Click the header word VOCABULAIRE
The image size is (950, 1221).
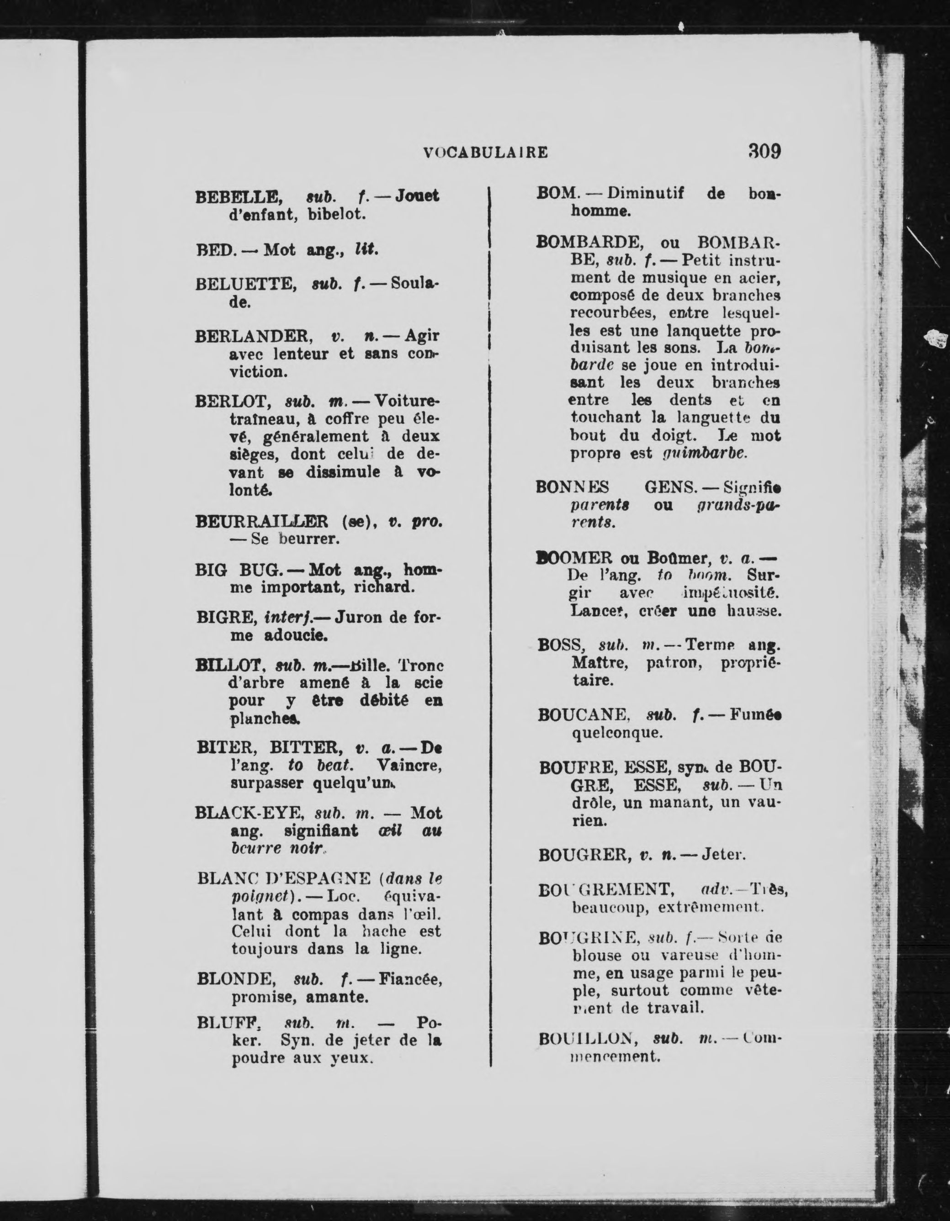pyautogui.click(x=485, y=153)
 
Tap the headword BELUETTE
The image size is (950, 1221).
pyautogui.click(x=245, y=285)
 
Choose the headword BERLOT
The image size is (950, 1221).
pyautogui.click(x=234, y=402)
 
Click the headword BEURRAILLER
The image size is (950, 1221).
pyautogui.click(x=262, y=522)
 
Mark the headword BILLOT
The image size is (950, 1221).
pyautogui.click(x=228, y=666)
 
